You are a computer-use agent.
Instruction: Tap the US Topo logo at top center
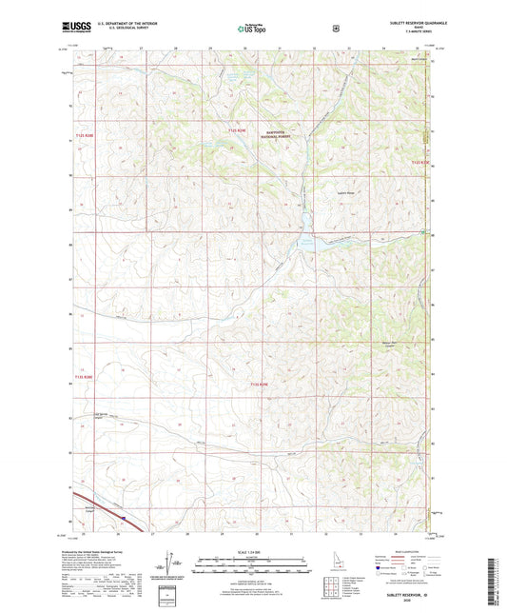(252, 30)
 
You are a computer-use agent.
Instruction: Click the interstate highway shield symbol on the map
(123, 518)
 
